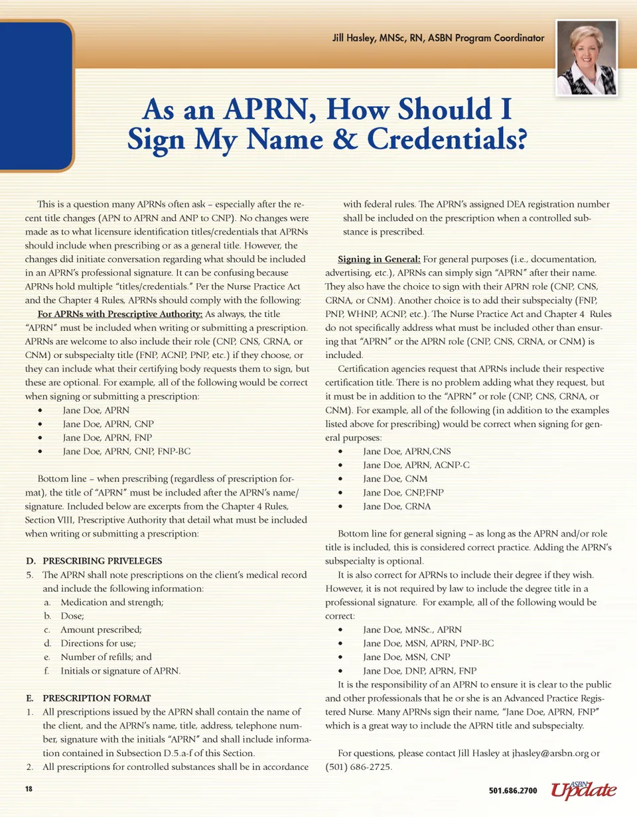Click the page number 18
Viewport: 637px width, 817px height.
29,790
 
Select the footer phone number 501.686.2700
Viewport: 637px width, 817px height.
512,790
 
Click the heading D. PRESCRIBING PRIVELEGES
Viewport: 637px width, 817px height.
93,561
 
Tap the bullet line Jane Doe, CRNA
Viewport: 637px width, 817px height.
397,506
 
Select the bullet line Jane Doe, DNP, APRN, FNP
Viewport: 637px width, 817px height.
419,669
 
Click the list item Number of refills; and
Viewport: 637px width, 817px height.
106,657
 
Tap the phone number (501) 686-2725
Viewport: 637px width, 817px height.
359,767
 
